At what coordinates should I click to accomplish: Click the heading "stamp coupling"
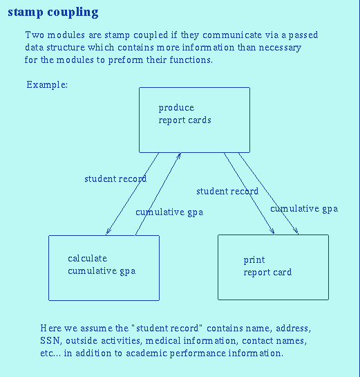(x=53, y=12)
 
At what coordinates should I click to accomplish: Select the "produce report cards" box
(x=193, y=119)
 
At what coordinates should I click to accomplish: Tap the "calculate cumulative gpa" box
(x=104, y=267)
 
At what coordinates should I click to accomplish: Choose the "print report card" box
(x=273, y=267)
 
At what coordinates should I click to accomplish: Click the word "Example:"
(x=47, y=84)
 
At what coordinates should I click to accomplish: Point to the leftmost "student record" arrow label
(x=115, y=179)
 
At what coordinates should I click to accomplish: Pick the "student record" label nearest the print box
(x=227, y=192)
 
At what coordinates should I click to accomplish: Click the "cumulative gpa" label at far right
(x=303, y=209)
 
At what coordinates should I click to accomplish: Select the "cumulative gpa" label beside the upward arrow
(x=169, y=212)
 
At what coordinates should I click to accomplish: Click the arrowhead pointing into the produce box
(x=179, y=156)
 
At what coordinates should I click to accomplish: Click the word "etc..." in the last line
(x=52, y=353)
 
